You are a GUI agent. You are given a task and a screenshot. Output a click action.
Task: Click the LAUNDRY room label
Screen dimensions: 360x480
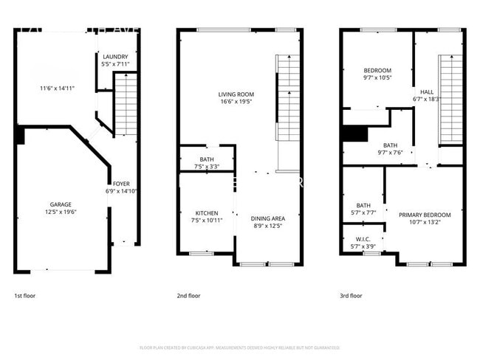[115, 57]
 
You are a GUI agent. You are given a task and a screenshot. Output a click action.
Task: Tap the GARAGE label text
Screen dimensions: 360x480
[61, 204]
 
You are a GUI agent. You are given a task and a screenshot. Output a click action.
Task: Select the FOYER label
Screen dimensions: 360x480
[120, 184]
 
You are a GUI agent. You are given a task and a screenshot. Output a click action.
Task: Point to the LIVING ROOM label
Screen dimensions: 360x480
[236, 94]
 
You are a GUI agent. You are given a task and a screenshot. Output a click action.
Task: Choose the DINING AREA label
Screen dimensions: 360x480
[267, 218]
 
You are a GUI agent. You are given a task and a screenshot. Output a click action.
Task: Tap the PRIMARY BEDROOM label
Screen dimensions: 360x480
[424, 215]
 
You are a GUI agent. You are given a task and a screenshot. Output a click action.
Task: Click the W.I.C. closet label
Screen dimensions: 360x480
[363, 239]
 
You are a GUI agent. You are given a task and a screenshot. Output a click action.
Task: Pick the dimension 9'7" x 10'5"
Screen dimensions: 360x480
[377, 77]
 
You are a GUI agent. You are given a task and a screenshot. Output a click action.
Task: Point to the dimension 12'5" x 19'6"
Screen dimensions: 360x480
[61, 212]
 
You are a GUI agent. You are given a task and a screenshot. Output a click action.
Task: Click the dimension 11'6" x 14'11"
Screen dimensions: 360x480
[57, 89]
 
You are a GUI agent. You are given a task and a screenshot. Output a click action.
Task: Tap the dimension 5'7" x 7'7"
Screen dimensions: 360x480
[363, 212]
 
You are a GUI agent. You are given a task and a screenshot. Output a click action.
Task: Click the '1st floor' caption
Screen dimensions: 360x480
[24, 296]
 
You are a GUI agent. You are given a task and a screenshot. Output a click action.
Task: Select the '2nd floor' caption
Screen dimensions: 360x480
[188, 296]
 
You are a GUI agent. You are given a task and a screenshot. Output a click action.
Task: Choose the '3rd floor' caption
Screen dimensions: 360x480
[351, 296]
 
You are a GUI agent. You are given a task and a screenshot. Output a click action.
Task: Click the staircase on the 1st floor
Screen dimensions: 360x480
[126, 103]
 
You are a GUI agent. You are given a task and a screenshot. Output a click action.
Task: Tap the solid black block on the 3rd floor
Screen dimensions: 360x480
[355, 134]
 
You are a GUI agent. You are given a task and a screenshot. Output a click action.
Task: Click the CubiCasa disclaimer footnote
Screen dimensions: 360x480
[239, 347]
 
